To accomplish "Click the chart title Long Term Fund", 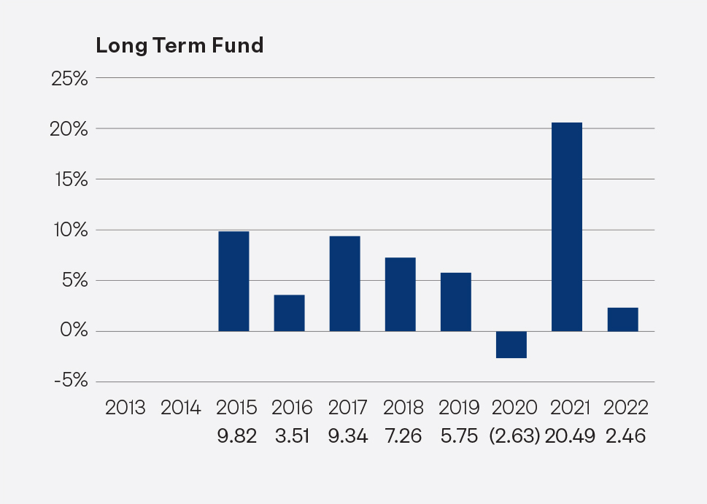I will pos(179,45).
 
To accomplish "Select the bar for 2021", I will pos(567,227).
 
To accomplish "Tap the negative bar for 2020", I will pos(511,344).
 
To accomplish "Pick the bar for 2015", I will pos(233,281).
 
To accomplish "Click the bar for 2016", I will pos(289,313).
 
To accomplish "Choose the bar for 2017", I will pos(344,284).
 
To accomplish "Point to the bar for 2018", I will pos(400,294).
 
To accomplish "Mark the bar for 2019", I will pos(455,302).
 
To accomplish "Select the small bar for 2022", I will pos(622,319).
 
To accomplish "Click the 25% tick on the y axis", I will pos(69,78).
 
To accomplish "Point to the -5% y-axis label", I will pos(69,381).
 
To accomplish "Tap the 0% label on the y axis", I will pos(74,331).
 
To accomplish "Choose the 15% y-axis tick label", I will pos(69,179).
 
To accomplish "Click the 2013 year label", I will pos(125,407).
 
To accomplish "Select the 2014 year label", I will pos(180,407).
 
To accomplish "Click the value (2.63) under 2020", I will pos(514,436).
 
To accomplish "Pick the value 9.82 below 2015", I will pos(236,436).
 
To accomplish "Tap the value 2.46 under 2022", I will pos(625,436).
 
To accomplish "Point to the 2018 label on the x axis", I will pos(403,407).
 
